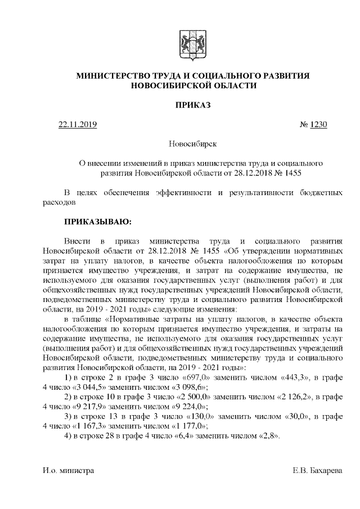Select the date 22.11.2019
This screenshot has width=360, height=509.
click(x=78, y=124)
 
